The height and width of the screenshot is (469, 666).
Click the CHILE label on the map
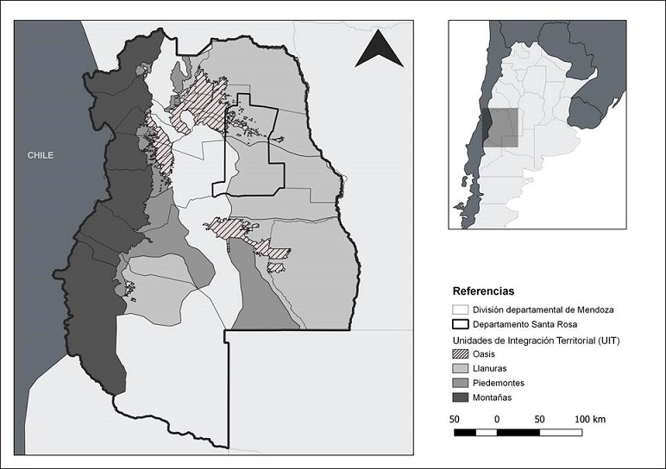(x=40, y=155)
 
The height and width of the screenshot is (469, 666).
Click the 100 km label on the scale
(x=590, y=419)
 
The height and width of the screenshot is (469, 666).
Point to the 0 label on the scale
(x=497, y=419)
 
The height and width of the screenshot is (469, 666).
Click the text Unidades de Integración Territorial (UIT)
(x=538, y=340)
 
